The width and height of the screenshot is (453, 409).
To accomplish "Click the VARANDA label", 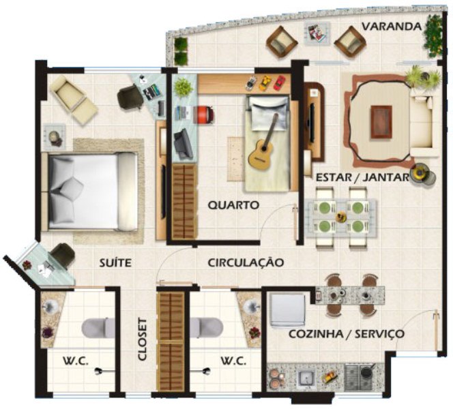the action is (392, 27).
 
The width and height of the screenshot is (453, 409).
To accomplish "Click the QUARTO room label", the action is (233, 205).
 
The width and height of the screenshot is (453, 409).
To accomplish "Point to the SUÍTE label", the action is (115, 262).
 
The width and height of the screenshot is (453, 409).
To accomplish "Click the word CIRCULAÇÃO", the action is (246, 262).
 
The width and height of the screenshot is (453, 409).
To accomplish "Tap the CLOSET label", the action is (142, 339).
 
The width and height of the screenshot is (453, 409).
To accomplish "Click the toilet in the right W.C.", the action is (206, 328).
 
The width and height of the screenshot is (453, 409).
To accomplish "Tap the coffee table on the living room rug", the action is (381, 121).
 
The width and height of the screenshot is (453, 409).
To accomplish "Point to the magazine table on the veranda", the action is (317, 33).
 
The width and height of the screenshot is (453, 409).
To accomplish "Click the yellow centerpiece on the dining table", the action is (342, 217).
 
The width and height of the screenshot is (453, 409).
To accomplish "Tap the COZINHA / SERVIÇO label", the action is (347, 334).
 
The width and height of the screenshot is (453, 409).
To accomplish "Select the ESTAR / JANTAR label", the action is (363, 177).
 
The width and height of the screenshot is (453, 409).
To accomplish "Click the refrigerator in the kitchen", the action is (287, 310).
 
